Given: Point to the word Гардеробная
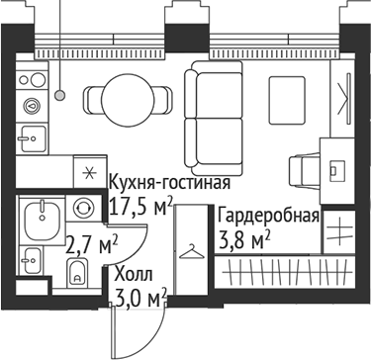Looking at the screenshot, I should (x=268, y=217).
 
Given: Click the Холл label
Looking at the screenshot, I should (x=134, y=273).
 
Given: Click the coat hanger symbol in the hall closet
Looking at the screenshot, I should (x=189, y=252).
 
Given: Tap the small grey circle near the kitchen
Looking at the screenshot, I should (x=60, y=96).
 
